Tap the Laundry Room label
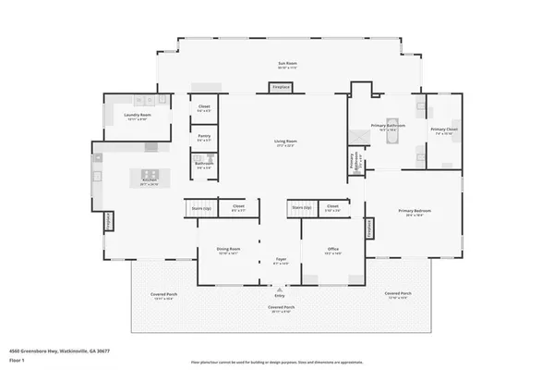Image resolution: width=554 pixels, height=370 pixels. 136,116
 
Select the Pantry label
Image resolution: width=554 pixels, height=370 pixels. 204,138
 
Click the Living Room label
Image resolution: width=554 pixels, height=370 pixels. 284,142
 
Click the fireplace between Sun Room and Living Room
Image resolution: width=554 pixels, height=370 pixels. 281,88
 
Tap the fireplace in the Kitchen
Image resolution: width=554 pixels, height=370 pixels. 107,222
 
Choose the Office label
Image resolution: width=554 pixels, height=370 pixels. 333,250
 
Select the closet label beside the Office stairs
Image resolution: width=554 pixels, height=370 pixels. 332,206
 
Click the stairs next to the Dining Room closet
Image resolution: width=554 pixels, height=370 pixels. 200,207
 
